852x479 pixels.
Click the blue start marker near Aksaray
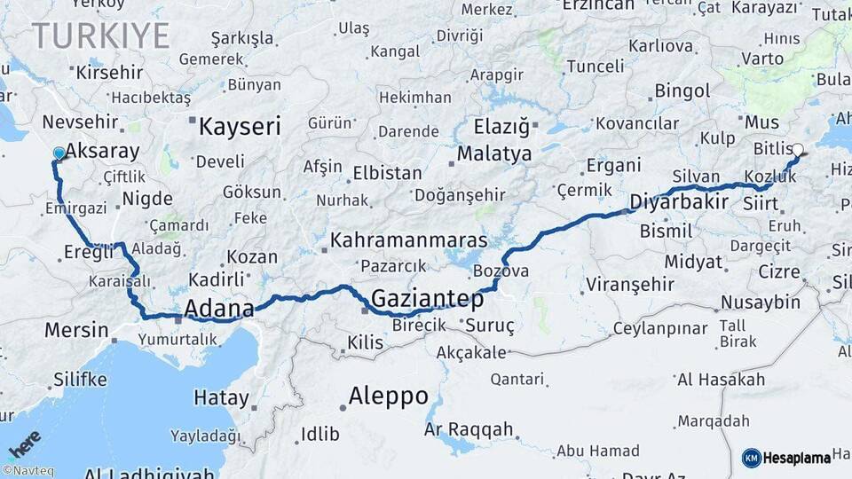click(59, 153)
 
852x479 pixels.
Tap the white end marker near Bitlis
click(797, 150)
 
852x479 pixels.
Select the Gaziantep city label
click(427, 297)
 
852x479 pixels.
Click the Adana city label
click(218, 309)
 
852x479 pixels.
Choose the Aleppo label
click(388, 396)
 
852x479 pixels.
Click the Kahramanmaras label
click(408, 239)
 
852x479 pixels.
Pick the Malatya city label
click(494, 153)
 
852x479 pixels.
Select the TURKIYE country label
click(100, 35)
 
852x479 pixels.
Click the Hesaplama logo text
click(795, 458)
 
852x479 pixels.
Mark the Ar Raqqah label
click(469, 429)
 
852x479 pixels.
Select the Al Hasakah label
click(720, 380)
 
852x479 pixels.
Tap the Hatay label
click(221, 398)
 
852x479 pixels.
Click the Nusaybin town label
click(760, 302)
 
